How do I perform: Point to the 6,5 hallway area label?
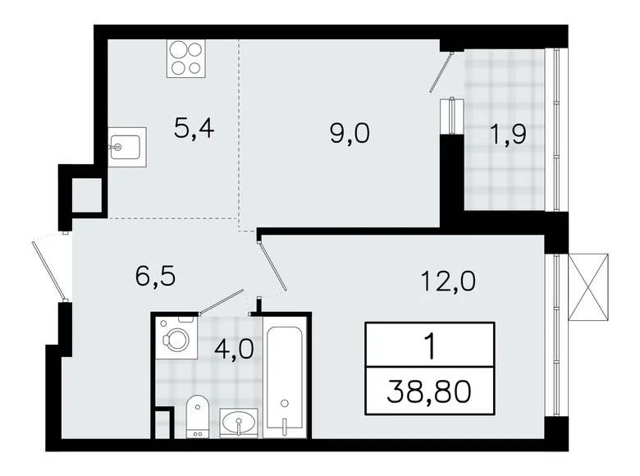[x=157, y=274]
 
